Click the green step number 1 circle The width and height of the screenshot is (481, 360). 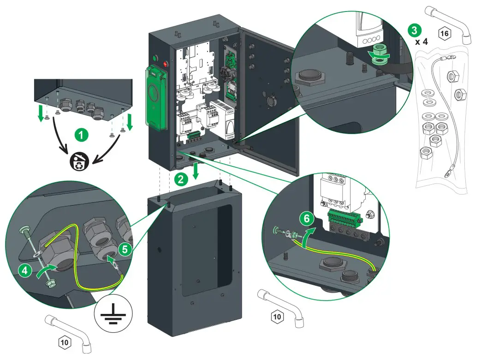coord(81,135)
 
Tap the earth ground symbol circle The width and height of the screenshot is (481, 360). coord(113,316)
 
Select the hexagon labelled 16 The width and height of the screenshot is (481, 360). coord(445,33)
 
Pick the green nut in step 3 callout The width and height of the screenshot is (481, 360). coord(378,50)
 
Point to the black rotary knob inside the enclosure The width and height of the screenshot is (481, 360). coord(226,73)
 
